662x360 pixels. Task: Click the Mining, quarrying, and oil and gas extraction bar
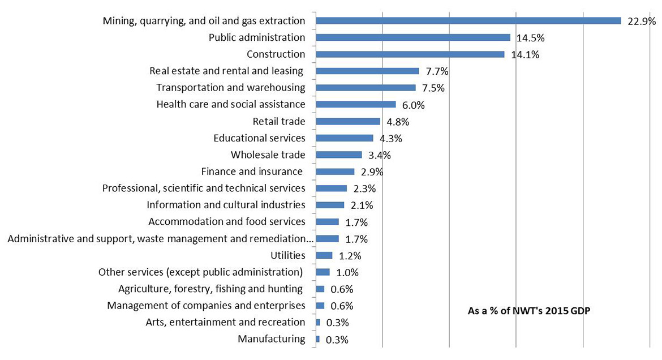pyautogui.click(x=468, y=20)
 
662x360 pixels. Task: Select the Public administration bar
pyautogui.click(x=413, y=37)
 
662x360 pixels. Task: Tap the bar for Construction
pyautogui.click(x=410, y=54)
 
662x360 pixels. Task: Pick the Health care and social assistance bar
pyautogui.click(x=356, y=104)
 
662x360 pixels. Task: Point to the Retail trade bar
pyautogui.click(x=348, y=121)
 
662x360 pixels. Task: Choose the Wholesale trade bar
pyautogui.click(x=339, y=155)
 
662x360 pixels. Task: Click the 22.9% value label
pyautogui.click(x=641, y=22)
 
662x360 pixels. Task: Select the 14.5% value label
pyautogui.click(x=530, y=38)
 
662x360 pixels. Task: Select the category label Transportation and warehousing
pyautogui.click(x=230, y=88)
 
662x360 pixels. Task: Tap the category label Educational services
pyautogui.click(x=259, y=138)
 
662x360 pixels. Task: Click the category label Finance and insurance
pyautogui.click(x=252, y=172)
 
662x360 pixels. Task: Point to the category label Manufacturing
pyautogui.click(x=271, y=339)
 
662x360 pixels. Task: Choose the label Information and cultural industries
pyautogui.click(x=226, y=205)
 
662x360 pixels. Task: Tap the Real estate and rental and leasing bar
pyautogui.click(x=367, y=71)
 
